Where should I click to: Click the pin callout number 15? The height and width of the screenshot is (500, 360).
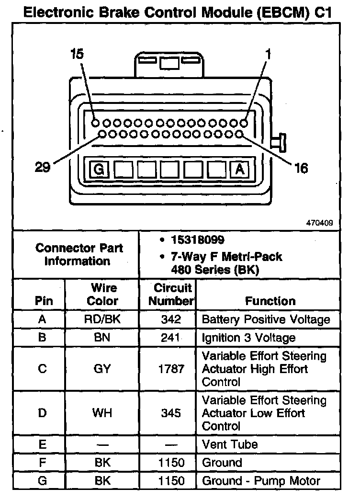coord(77,54)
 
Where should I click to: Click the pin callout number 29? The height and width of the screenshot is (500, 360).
coord(43,168)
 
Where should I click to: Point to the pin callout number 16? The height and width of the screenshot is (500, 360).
coord(302,168)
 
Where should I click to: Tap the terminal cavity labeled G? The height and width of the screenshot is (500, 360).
coord(100,170)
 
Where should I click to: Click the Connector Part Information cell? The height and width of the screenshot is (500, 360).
coord(79,254)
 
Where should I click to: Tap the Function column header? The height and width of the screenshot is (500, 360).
coord(270,301)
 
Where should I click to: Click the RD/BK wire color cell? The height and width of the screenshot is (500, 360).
coord(102,319)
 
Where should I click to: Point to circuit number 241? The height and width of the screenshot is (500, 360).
coord(171,338)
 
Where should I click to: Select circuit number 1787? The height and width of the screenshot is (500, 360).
coord(171,369)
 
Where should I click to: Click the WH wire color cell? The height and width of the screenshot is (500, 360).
coord(102,413)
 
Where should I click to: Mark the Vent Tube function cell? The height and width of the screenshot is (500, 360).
coord(230,444)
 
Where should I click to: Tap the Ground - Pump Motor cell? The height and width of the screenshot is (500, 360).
coord(261,481)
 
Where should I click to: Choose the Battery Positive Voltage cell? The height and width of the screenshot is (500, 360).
coord(266,319)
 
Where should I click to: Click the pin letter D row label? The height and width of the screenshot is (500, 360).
coord(42,413)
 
